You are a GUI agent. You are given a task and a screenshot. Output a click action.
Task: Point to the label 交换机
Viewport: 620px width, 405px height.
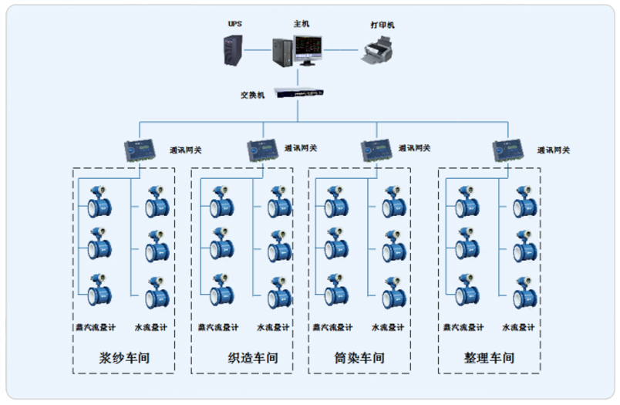click(x=253, y=95)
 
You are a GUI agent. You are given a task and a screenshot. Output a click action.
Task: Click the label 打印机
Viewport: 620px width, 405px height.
click(x=382, y=25)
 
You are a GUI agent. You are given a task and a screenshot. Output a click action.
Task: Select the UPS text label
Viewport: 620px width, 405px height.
click(x=234, y=24)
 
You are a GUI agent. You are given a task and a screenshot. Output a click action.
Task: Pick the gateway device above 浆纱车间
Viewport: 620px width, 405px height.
click(x=140, y=150)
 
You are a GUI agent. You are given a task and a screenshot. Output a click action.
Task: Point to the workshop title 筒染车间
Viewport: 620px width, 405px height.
click(x=359, y=358)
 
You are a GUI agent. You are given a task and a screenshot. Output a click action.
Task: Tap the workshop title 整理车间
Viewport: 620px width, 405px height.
click(x=489, y=358)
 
